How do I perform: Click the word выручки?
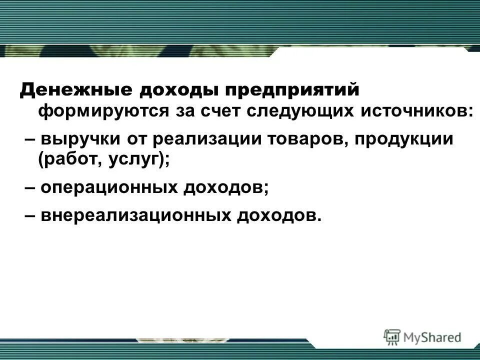pos(79,138)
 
